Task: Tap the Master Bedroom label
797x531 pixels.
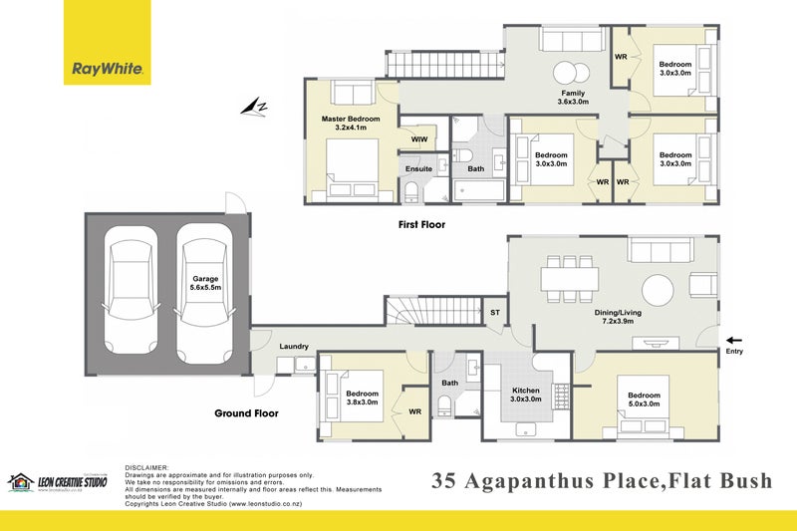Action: pos(351,124)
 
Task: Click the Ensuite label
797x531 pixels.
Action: pos(419,168)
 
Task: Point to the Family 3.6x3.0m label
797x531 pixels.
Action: pos(573,98)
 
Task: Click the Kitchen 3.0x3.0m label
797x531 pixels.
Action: pos(527,394)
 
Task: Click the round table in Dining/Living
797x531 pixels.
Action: pos(663,290)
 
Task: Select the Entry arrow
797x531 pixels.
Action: pos(733,339)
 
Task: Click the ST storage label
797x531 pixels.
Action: pos(495,313)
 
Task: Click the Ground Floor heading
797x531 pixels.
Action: pos(246,412)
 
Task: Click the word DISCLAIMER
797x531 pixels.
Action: pos(147,467)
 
